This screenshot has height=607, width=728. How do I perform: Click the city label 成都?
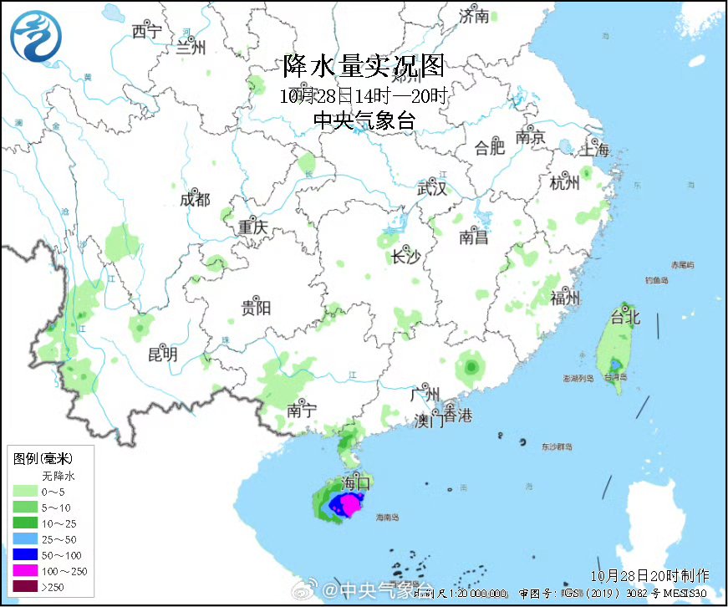195,200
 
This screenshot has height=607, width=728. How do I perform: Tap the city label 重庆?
252,227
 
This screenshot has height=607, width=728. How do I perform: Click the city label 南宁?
301,410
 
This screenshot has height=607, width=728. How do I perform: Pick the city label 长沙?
406,257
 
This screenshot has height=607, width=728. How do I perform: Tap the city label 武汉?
432,189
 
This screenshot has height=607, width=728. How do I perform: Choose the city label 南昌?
473,237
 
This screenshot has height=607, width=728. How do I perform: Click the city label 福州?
566,298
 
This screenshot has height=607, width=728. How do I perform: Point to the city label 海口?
357,482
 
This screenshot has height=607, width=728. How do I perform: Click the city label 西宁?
145,32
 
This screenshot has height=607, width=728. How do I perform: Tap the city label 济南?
474,16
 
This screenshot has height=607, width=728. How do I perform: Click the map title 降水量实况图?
364,65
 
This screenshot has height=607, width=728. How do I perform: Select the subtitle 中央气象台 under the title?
364,120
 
